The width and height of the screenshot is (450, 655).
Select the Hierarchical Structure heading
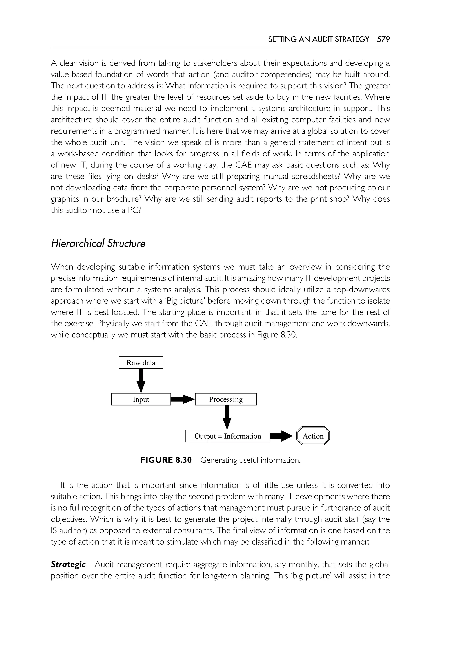coord(98,243)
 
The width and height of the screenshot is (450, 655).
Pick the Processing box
coord(226,399)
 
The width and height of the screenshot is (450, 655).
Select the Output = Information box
coord(228,436)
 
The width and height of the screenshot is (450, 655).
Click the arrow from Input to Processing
coord(183,399)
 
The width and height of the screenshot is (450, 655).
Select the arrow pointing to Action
coord(281,436)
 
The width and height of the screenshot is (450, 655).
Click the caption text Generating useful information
coord(250,460)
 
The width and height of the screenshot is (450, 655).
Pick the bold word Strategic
coord(68,565)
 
